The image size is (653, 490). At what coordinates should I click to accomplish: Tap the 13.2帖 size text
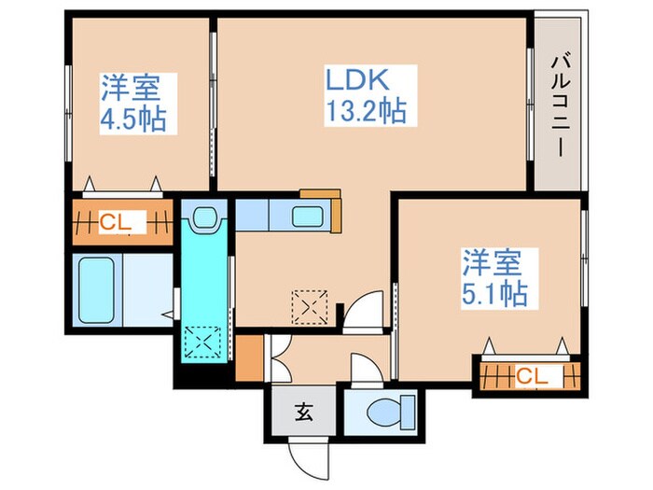tap(364, 112)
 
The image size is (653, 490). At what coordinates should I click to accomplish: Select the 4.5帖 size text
tap(132, 121)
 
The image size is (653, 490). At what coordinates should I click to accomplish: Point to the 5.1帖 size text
tap(493, 293)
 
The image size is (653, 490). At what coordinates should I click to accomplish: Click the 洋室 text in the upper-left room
tap(131, 91)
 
